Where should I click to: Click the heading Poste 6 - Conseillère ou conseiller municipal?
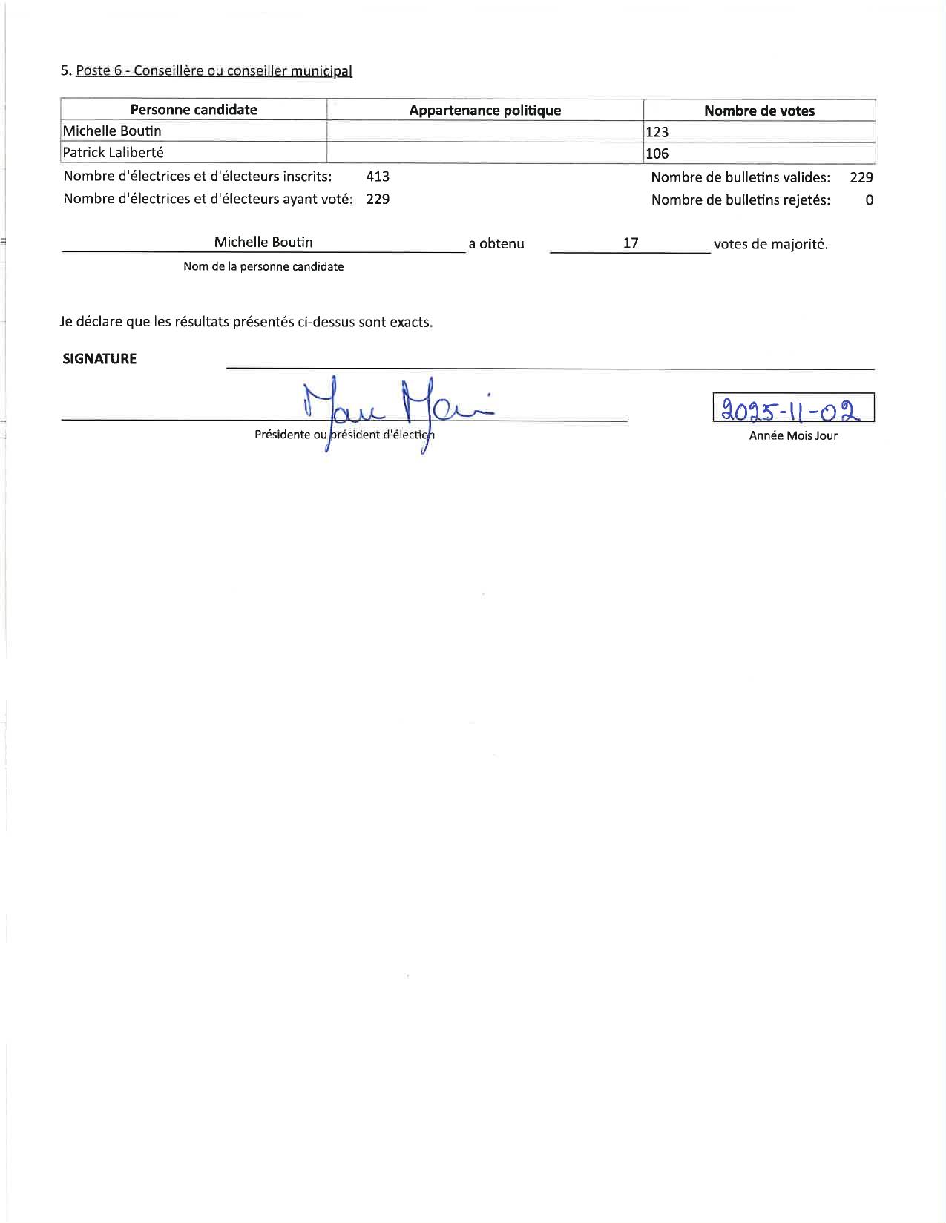[x=214, y=71]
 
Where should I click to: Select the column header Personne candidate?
[x=194, y=110]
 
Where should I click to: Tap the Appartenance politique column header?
[x=485, y=111]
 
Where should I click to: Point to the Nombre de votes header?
[x=759, y=111]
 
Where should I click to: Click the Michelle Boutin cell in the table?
[x=112, y=131]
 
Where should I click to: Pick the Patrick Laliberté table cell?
[x=113, y=153]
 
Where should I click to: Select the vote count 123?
[x=657, y=132]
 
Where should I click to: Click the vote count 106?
[x=657, y=154]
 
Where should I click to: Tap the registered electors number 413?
[x=378, y=177]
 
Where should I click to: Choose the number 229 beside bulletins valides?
[x=861, y=177]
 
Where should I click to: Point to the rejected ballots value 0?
[x=869, y=200]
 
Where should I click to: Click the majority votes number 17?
[x=631, y=243]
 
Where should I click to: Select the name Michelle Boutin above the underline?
[x=263, y=242]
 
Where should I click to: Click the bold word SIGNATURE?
[x=99, y=359]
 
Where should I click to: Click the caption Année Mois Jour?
[x=793, y=435]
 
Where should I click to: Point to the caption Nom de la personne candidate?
[x=263, y=266]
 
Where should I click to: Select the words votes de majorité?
[x=770, y=244]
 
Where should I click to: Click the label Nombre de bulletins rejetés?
[x=740, y=200]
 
